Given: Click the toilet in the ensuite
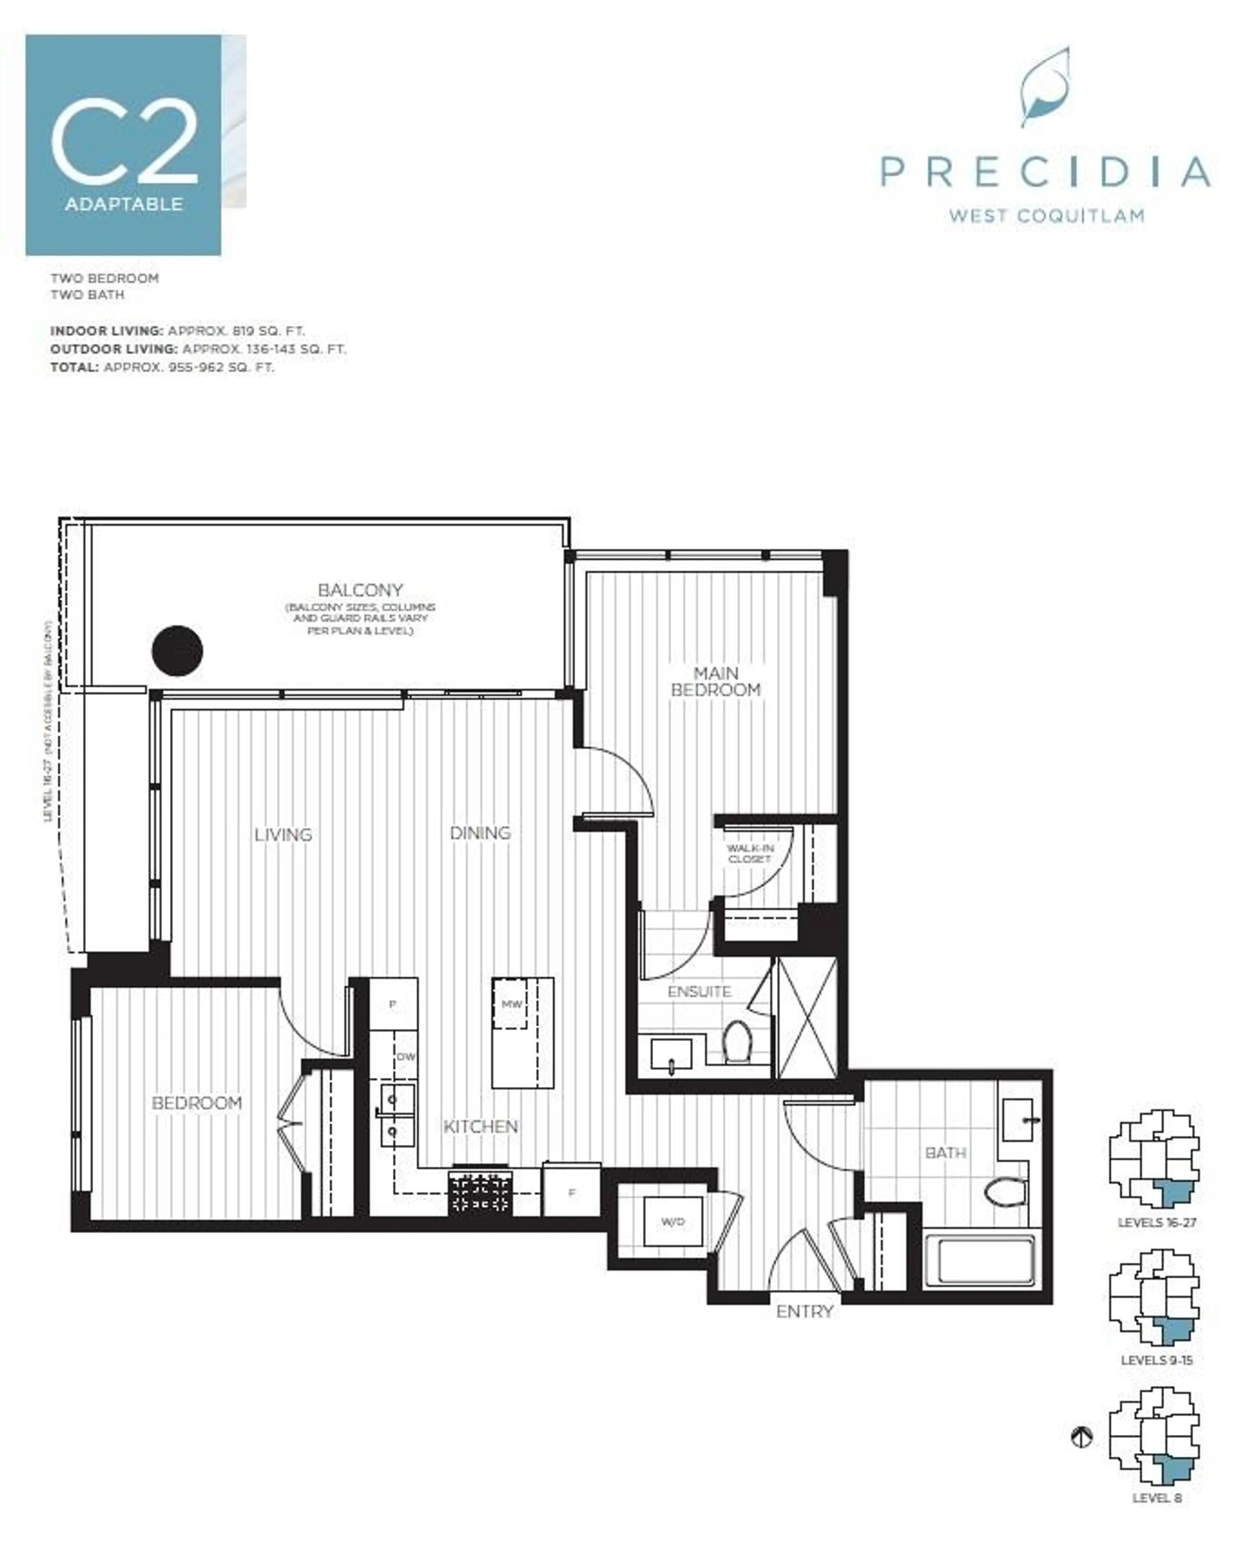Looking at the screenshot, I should [737, 1041].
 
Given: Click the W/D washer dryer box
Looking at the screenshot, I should [672, 1221].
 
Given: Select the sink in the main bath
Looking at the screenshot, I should [1018, 1120].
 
